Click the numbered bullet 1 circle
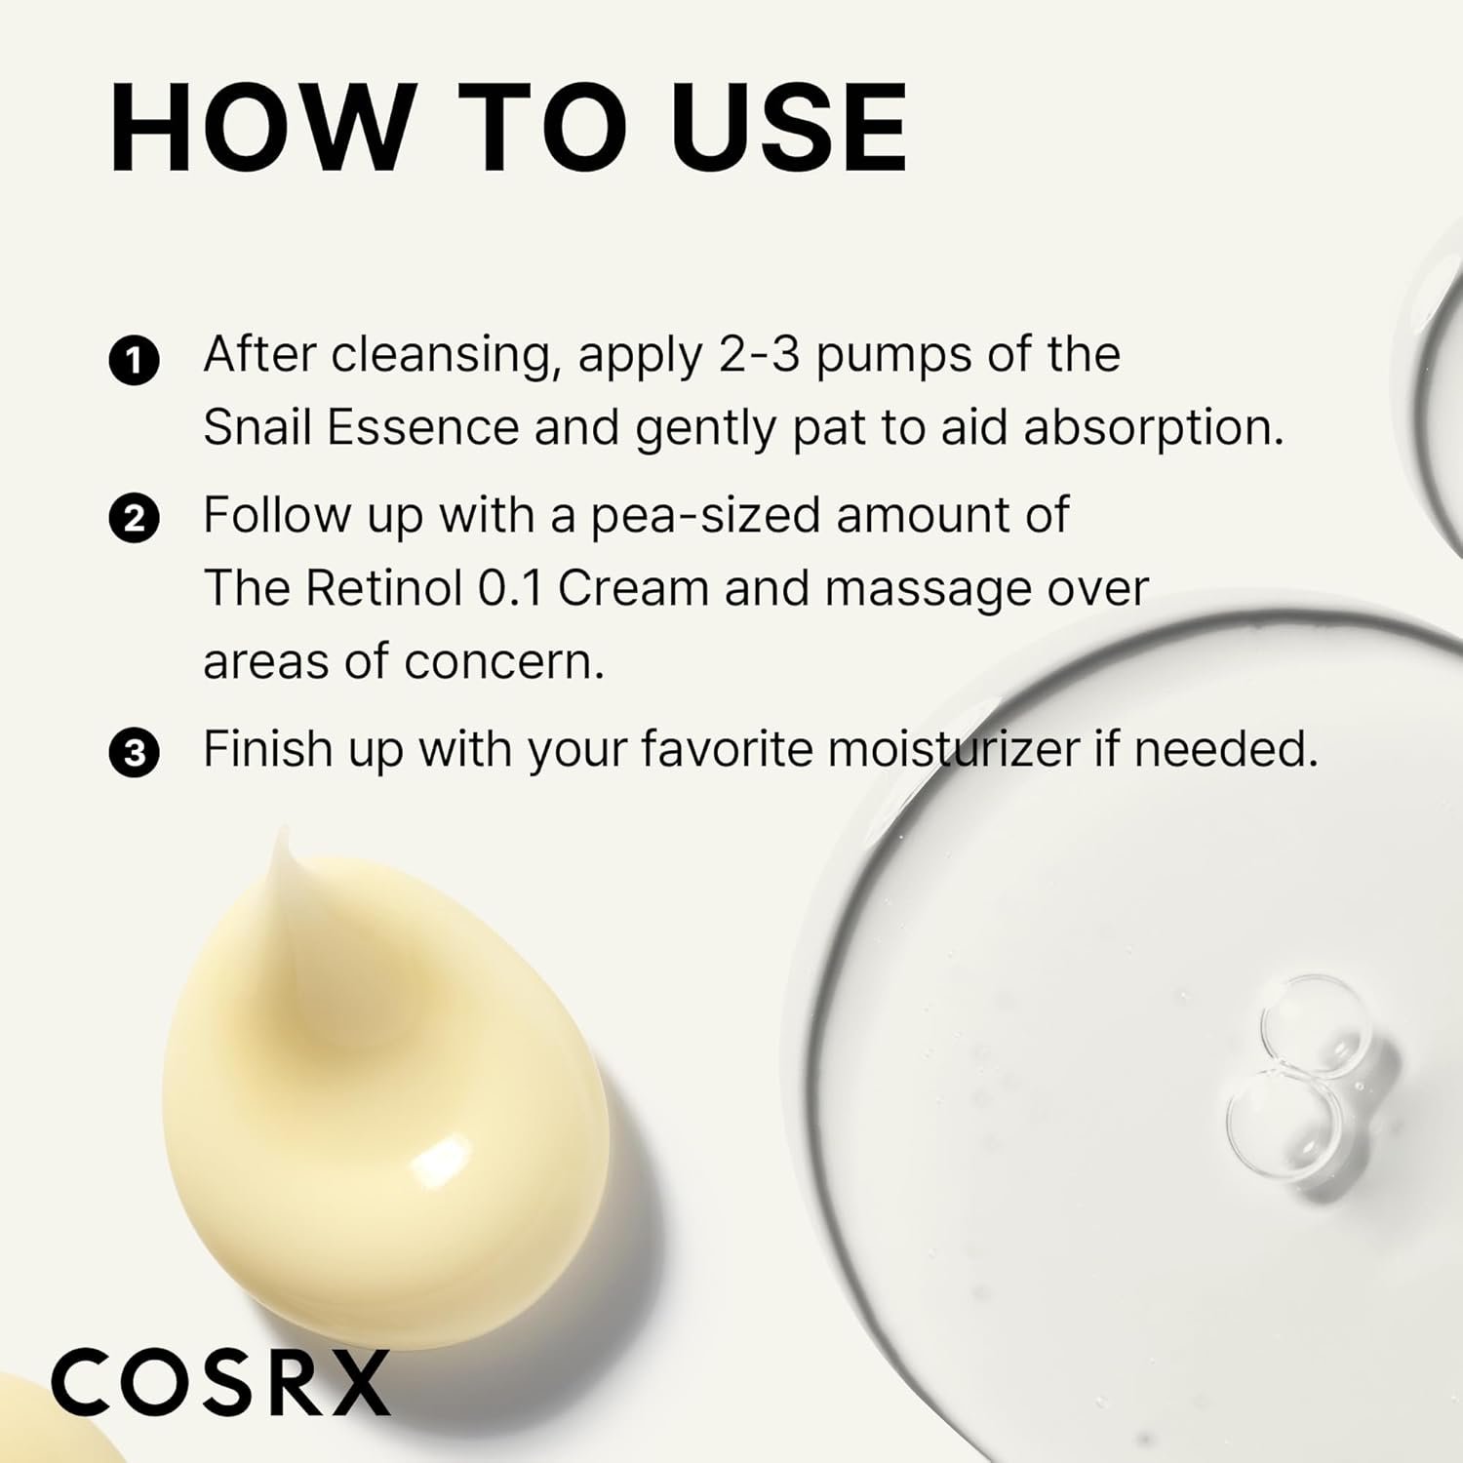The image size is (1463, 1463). [134, 361]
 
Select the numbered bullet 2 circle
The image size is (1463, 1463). [134, 519]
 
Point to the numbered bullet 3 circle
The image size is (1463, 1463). [134, 754]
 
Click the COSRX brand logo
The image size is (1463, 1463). [220, 1382]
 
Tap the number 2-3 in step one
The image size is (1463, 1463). [759, 355]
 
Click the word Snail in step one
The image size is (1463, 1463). [257, 427]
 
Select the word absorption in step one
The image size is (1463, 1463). [1153, 429]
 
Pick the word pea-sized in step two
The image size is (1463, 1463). [705, 515]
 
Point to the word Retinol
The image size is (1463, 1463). [383, 588]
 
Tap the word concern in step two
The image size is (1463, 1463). [503, 662]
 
